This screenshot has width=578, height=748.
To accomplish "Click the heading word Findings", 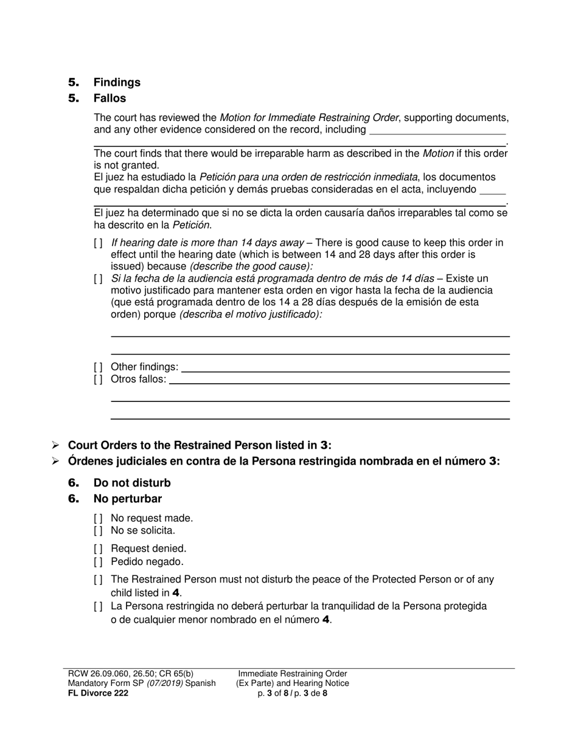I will [x=117, y=82].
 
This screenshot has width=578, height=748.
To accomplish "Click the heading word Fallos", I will [x=110, y=98].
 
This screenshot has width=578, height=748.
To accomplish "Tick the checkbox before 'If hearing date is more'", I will [x=99, y=243].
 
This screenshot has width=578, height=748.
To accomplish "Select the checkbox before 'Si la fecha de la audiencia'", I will [x=99, y=279].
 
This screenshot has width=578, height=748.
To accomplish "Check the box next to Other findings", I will [x=99, y=367].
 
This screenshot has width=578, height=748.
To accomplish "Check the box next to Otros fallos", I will [x=99, y=379].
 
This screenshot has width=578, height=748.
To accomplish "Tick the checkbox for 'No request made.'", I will [x=99, y=518].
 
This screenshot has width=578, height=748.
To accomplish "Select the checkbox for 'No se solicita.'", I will [x=99, y=530].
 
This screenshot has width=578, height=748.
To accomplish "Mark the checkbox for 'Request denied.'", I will [x=99, y=549].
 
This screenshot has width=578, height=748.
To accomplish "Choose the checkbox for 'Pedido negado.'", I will [x=99, y=562].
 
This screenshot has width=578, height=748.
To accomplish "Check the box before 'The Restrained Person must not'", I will [x=99, y=580].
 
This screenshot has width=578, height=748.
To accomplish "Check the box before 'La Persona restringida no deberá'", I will [x=99, y=606].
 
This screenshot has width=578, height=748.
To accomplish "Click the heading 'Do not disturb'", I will [x=132, y=483].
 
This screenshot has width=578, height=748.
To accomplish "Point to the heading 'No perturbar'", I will [x=128, y=499].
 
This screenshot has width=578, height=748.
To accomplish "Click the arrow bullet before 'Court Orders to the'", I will [x=55, y=445].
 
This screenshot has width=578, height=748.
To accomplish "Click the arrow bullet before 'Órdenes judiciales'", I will [x=55, y=462].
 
